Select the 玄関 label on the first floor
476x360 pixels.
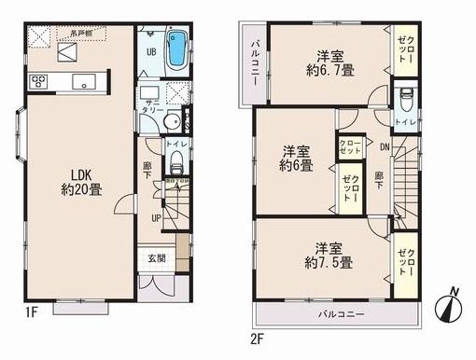click(156, 258)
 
